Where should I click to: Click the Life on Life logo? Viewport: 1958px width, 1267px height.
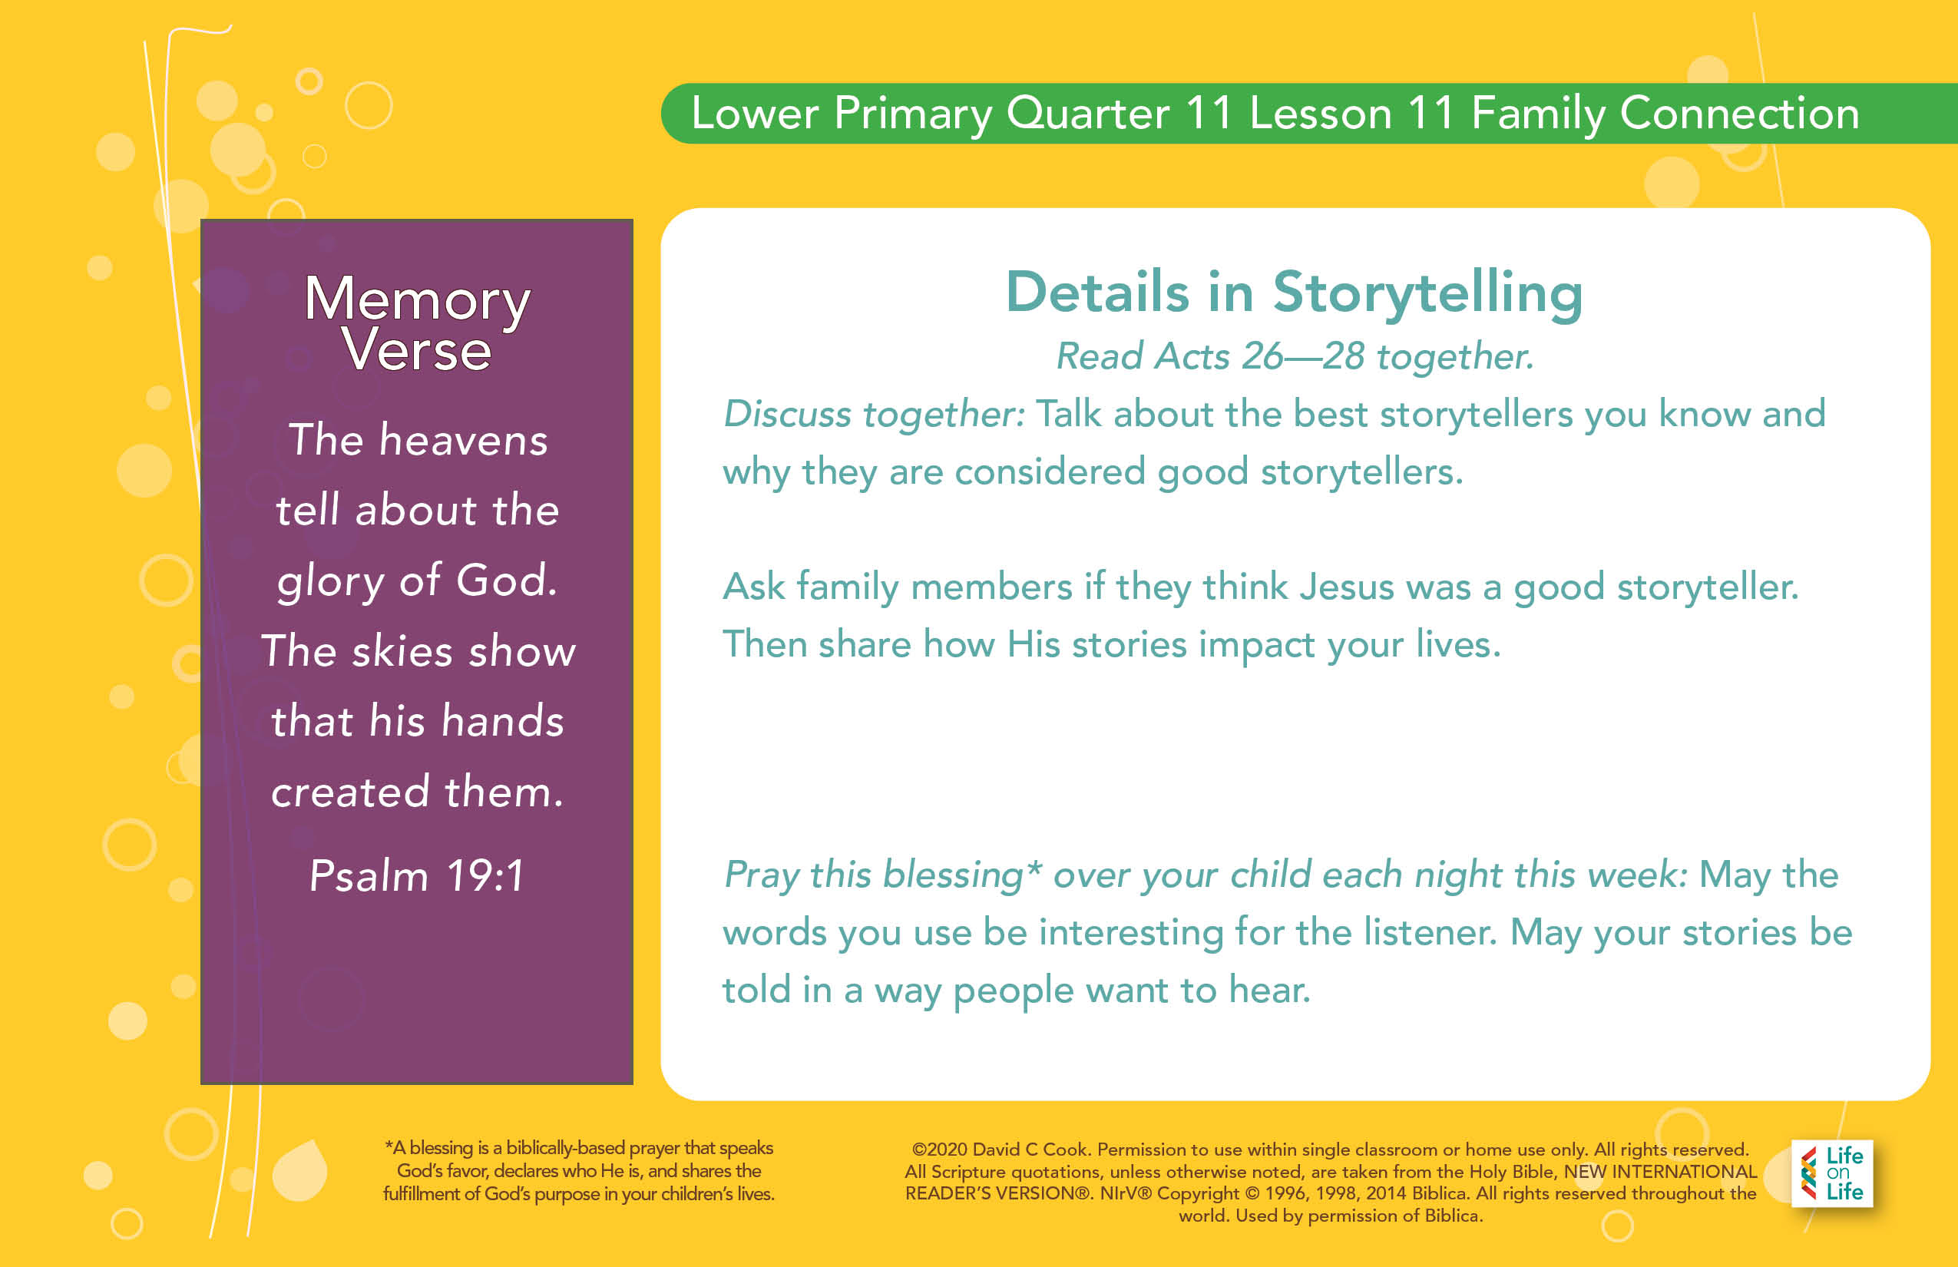tap(1832, 1173)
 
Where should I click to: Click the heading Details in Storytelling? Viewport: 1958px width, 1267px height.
tap(1294, 293)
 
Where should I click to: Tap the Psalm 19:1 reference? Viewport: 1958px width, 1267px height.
tap(416, 875)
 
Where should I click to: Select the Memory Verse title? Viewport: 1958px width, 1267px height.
tap(417, 323)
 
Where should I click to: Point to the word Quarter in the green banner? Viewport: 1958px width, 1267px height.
tap(1086, 114)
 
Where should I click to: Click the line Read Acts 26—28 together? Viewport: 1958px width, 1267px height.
tap(1295, 357)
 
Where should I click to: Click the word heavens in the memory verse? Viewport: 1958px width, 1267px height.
tap(463, 439)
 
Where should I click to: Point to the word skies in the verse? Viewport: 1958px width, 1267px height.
tap(402, 652)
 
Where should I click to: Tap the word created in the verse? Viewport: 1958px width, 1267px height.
tap(350, 792)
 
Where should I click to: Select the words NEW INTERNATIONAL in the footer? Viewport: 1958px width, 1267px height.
tap(1660, 1172)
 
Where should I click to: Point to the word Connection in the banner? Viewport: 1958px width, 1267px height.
tap(1739, 113)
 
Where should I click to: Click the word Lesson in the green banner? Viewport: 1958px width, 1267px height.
tap(1321, 114)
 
